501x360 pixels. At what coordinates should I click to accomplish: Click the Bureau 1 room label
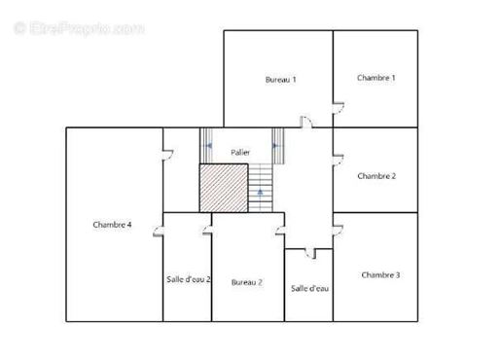pos(280,80)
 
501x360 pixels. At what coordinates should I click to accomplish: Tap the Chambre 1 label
pos(376,78)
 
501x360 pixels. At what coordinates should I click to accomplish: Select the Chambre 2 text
pos(376,176)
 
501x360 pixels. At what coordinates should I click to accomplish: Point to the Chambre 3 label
pos(380,275)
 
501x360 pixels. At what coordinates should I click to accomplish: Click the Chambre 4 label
pos(112,225)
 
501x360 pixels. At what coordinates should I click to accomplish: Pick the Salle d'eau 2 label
pos(189,279)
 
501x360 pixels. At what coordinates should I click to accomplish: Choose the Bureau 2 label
pos(247,282)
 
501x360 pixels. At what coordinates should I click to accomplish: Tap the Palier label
pos(240,152)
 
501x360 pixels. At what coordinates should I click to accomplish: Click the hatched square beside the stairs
pos(224,188)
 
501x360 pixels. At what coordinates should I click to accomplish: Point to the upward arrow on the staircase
pos(260,193)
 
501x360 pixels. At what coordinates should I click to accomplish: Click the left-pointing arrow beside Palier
pos(208,146)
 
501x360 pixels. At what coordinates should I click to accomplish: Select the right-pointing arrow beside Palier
pos(276,146)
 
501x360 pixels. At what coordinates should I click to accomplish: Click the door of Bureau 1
pos(306,123)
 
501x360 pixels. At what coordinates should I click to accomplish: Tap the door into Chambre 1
pos(339,108)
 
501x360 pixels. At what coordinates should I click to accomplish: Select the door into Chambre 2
pos(339,161)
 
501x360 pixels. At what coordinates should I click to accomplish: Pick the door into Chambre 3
pos(338,231)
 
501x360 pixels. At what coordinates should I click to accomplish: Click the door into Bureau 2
pos(280,231)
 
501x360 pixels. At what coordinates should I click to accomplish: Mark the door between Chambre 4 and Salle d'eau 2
pos(158,231)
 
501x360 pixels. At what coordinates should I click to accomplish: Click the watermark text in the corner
pos(79,28)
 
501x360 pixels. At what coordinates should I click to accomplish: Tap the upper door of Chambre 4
pos(168,156)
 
